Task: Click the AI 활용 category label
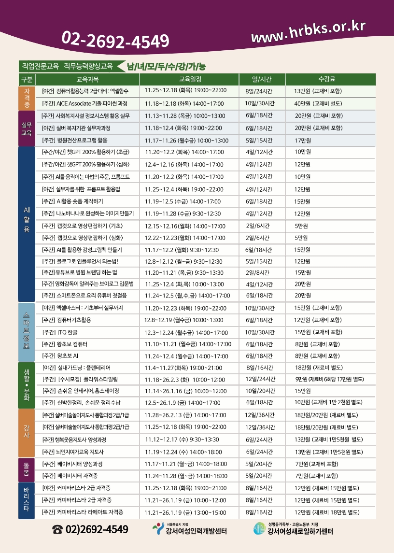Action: (27, 220)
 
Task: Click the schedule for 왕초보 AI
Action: (186, 356)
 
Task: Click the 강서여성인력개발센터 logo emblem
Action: (158, 529)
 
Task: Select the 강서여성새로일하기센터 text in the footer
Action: (300, 532)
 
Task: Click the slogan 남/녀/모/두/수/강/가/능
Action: (166, 67)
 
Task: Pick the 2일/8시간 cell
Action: (258, 272)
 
